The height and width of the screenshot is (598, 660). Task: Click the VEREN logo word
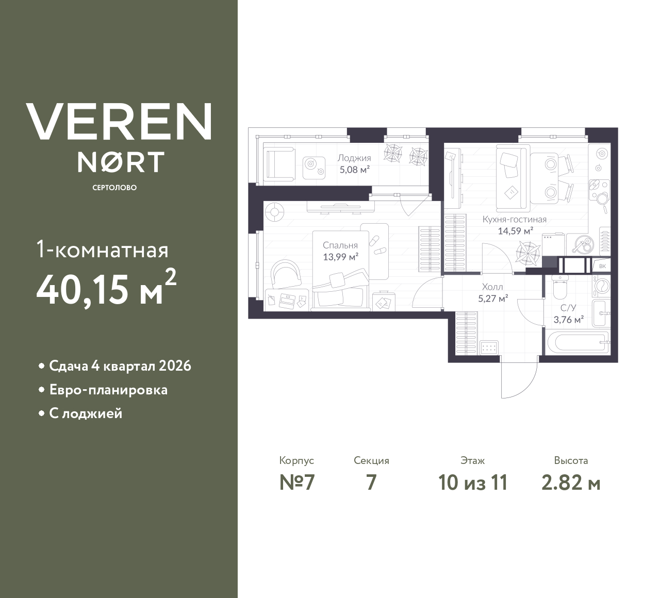(119, 121)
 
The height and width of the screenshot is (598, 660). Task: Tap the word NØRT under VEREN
(121, 162)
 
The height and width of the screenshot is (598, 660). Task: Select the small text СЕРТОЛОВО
(114, 188)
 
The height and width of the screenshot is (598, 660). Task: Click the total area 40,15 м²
(106, 289)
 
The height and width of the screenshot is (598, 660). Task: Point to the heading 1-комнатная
(103, 251)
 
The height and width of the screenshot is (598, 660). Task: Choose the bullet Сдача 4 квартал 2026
(120, 366)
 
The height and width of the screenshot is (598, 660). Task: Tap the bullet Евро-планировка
(108, 390)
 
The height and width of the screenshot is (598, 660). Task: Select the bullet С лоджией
(86, 413)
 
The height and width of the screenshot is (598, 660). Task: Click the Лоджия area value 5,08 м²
(354, 169)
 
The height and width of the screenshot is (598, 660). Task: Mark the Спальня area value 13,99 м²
(340, 256)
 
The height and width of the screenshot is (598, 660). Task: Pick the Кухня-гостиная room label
(514, 220)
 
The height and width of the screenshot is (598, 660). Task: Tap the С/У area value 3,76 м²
(568, 320)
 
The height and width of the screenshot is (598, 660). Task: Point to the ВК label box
(602, 266)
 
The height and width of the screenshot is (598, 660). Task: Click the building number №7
(296, 483)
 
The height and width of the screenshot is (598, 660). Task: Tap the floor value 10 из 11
(473, 483)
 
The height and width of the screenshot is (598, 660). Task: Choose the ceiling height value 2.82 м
(571, 483)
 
